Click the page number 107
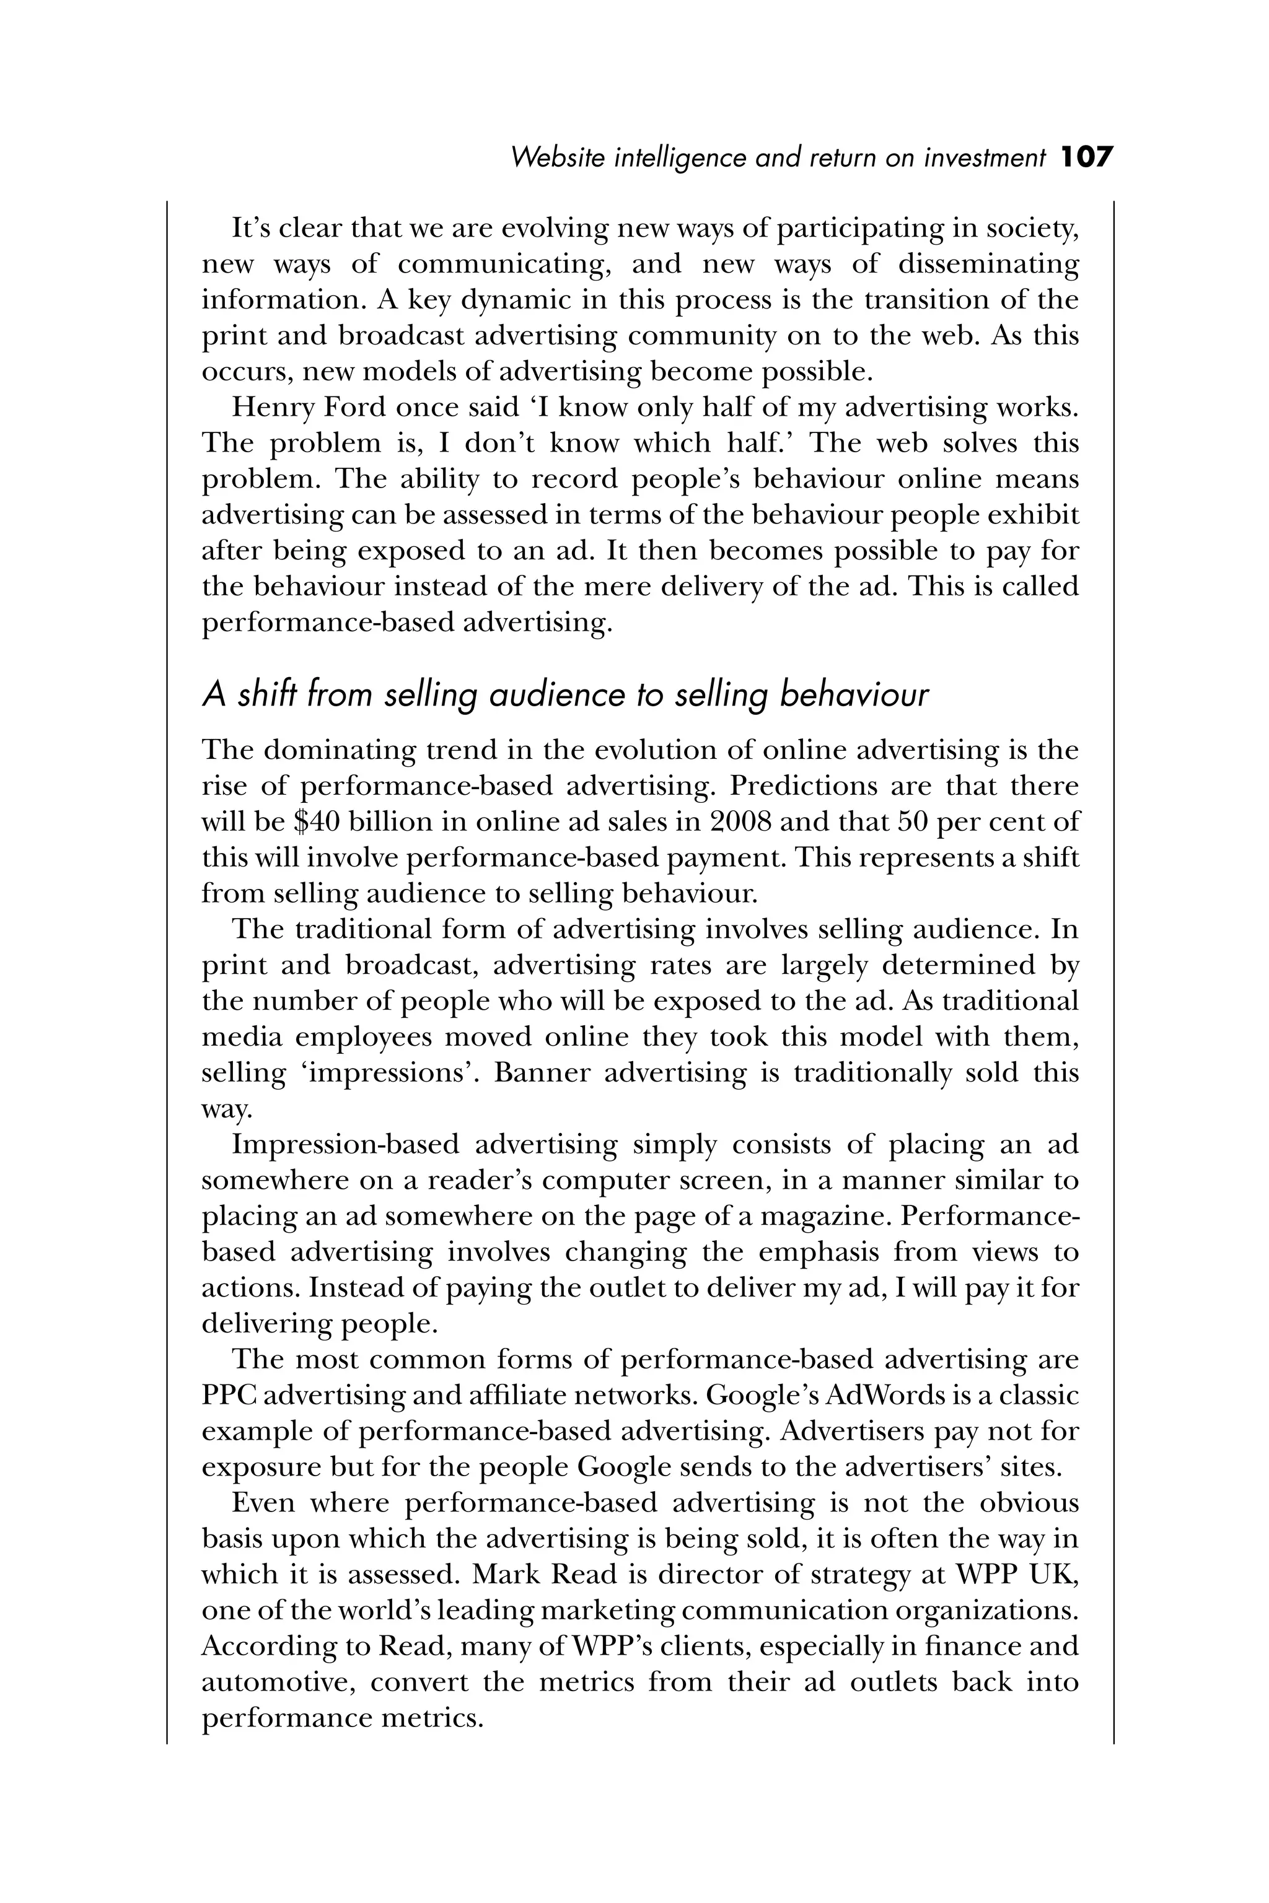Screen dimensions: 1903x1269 click(x=1087, y=157)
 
